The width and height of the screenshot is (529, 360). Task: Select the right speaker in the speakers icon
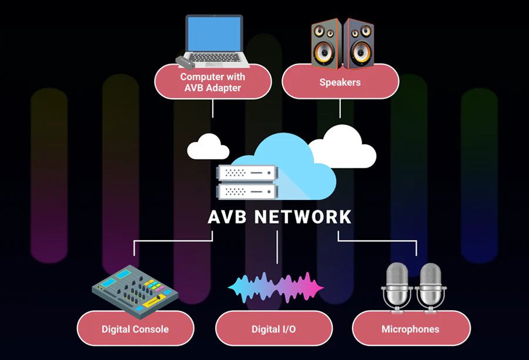(x=359, y=44)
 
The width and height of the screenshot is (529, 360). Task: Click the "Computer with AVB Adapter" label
(x=213, y=82)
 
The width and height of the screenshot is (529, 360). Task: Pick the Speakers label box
(x=340, y=82)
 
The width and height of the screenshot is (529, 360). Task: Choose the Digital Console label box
(x=135, y=329)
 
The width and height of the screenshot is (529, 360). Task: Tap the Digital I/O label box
(x=274, y=329)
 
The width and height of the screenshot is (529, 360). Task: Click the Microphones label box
(x=410, y=329)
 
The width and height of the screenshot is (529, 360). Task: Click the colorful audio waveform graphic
(x=276, y=286)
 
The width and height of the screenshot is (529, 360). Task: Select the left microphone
(x=397, y=285)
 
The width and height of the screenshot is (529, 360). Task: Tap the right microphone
(x=430, y=285)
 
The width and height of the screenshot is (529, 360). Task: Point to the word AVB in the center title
(x=227, y=217)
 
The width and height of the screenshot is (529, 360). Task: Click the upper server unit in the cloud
(x=246, y=172)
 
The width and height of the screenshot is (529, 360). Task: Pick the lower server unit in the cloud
(x=246, y=191)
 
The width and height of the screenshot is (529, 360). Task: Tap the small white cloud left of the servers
(x=207, y=148)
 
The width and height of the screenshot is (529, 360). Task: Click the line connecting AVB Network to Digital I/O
(x=276, y=247)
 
